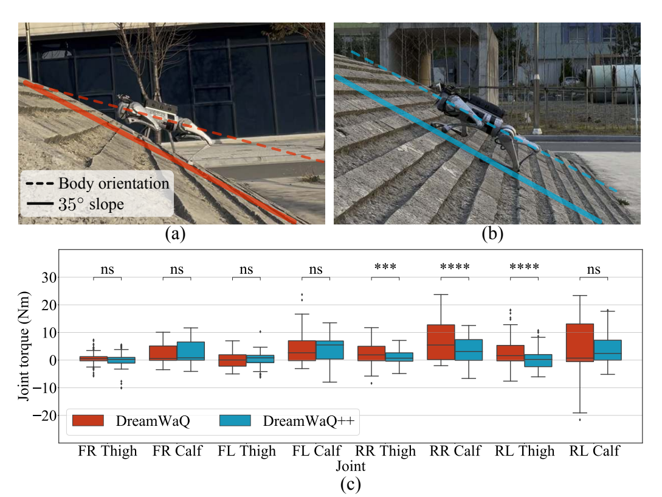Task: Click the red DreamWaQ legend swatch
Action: tap(88, 420)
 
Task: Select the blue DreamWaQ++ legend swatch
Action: tap(235, 420)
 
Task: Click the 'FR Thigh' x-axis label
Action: tap(108, 451)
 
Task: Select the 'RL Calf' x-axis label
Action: tap(594, 451)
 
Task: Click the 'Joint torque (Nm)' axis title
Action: tap(24, 346)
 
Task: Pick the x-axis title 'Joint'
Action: tap(350, 466)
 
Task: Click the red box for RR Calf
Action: tap(441, 342)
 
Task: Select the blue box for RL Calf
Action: tap(607, 350)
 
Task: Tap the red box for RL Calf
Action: tap(580, 342)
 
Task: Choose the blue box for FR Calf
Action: tap(191, 351)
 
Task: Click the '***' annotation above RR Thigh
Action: tap(385, 267)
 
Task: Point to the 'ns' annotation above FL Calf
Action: tap(315, 269)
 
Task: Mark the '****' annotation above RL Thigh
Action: tap(525, 267)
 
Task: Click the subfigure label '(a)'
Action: tap(175, 233)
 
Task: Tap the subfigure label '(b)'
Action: tap(492, 233)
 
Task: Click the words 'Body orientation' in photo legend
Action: tap(114, 184)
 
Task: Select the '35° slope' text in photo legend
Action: tap(91, 204)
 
